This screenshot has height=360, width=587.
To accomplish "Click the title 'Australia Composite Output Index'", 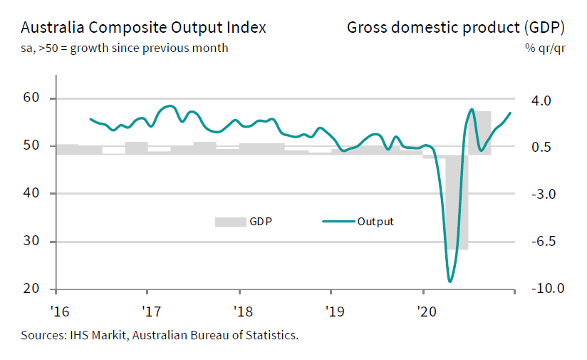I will [143, 28].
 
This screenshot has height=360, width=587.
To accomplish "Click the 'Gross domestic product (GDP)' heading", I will [456, 28].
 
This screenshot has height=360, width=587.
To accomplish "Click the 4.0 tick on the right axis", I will [542, 101].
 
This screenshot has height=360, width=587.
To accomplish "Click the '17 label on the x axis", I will [150, 312].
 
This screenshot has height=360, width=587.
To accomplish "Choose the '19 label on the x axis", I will [334, 312].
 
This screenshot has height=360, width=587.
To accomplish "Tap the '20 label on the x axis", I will [427, 312].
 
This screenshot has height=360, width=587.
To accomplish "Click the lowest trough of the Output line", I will [450, 281].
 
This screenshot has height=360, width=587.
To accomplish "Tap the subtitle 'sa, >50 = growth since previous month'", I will [125, 48].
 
